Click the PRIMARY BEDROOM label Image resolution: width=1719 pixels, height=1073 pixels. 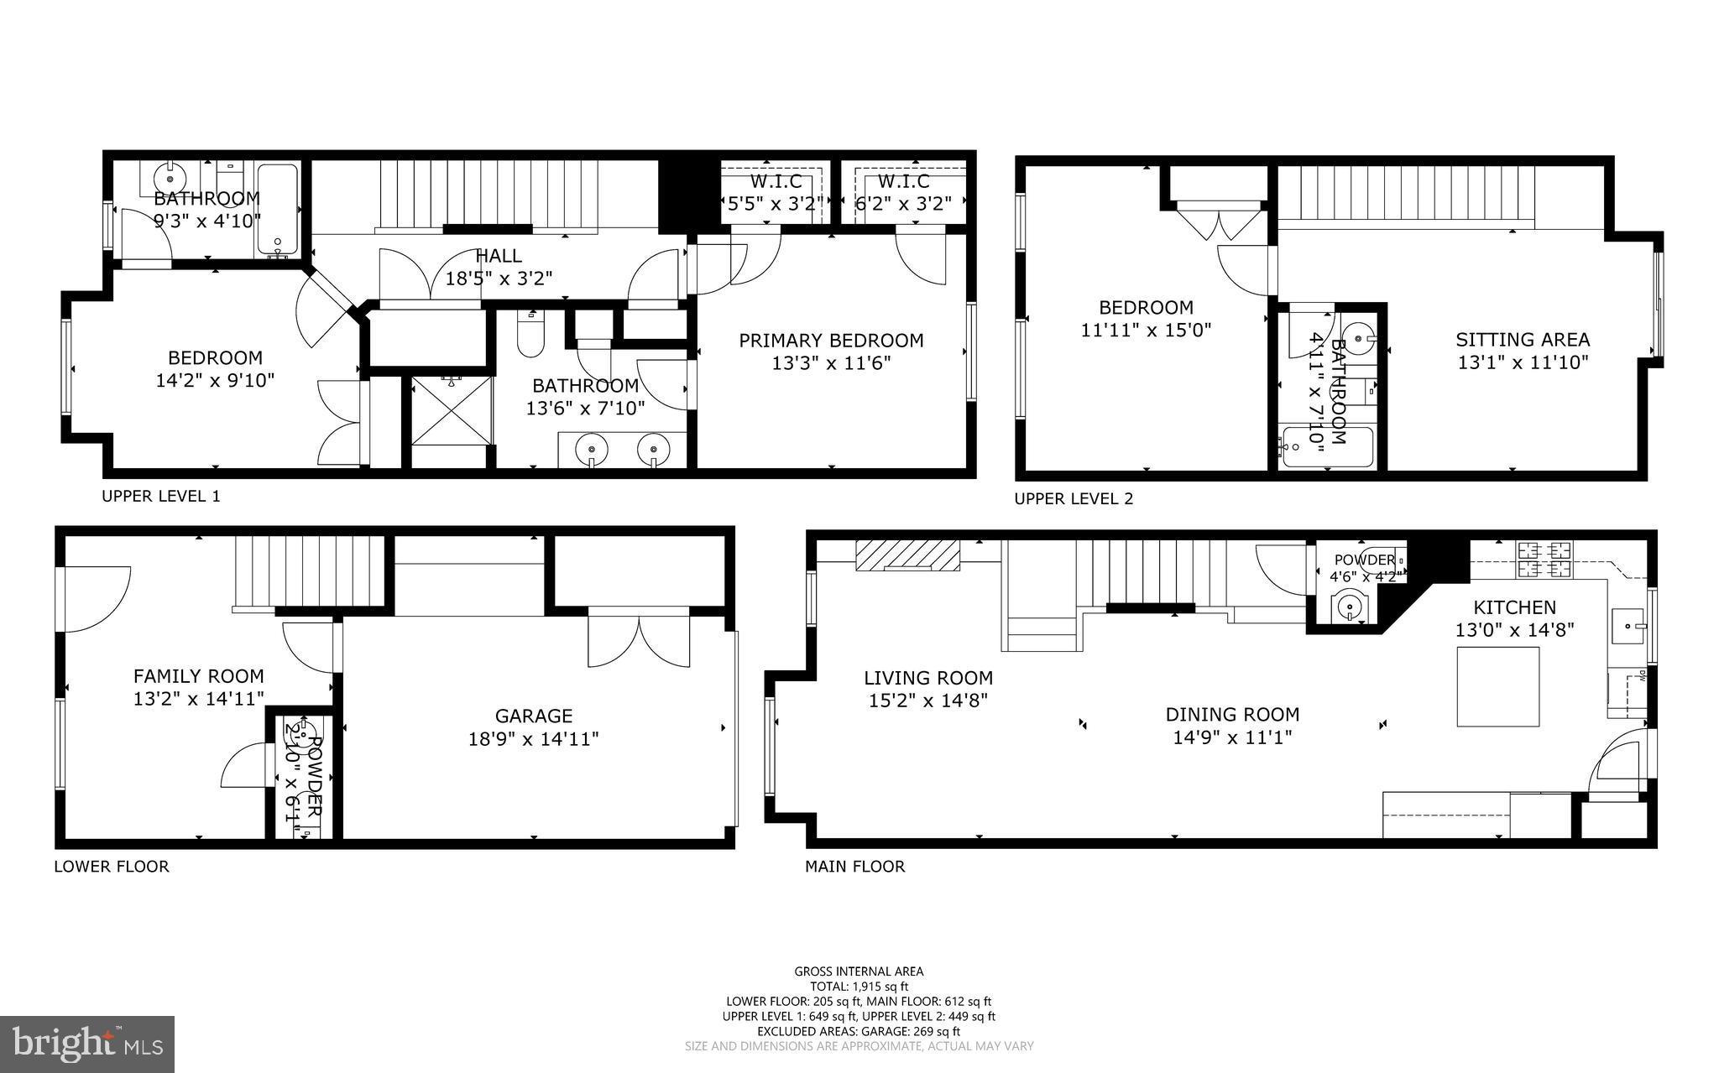(x=830, y=341)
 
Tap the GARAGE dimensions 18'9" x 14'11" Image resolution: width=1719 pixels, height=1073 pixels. (x=533, y=739)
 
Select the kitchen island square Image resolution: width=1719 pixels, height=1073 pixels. (x=1498, y=688)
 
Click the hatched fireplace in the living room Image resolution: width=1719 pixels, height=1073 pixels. (x=907, y=555)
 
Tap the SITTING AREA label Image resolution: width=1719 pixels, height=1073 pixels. (x=1522, y=340)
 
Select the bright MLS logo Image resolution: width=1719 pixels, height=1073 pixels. (x=87, y=1043)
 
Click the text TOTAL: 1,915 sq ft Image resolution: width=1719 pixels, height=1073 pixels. (x=859, y=987)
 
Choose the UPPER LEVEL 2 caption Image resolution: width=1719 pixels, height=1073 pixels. (x=1074, y=499)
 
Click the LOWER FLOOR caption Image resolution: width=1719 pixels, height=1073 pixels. (x=112, y=867)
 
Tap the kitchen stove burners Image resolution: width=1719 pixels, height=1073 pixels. (x=1544, y=560)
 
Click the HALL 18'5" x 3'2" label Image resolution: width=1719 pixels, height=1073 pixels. (x=499, y=267)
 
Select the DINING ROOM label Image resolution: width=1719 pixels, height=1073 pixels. (x=1232, y=715)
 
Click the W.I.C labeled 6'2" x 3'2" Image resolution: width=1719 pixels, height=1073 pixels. (x=903, y=193)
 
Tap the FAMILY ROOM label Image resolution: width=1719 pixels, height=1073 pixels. (x=198, y=676)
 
